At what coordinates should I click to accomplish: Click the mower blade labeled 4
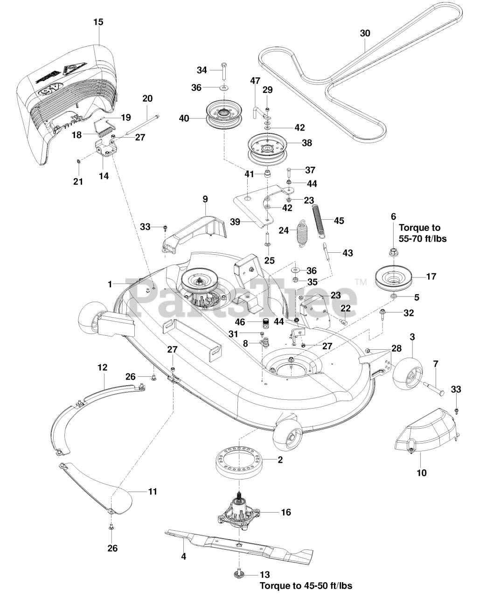pyautogui.click(x=243, y=544)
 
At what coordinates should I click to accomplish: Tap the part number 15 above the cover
pyautogui.click(x=98, y=22)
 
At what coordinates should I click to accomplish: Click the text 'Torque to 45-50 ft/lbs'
pyautogui.click(x=306, y=586)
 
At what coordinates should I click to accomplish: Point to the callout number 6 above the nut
pyautogui.click(x=393, y=216)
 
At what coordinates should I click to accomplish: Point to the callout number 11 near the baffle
pyautogui.click(x=152, y=492)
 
